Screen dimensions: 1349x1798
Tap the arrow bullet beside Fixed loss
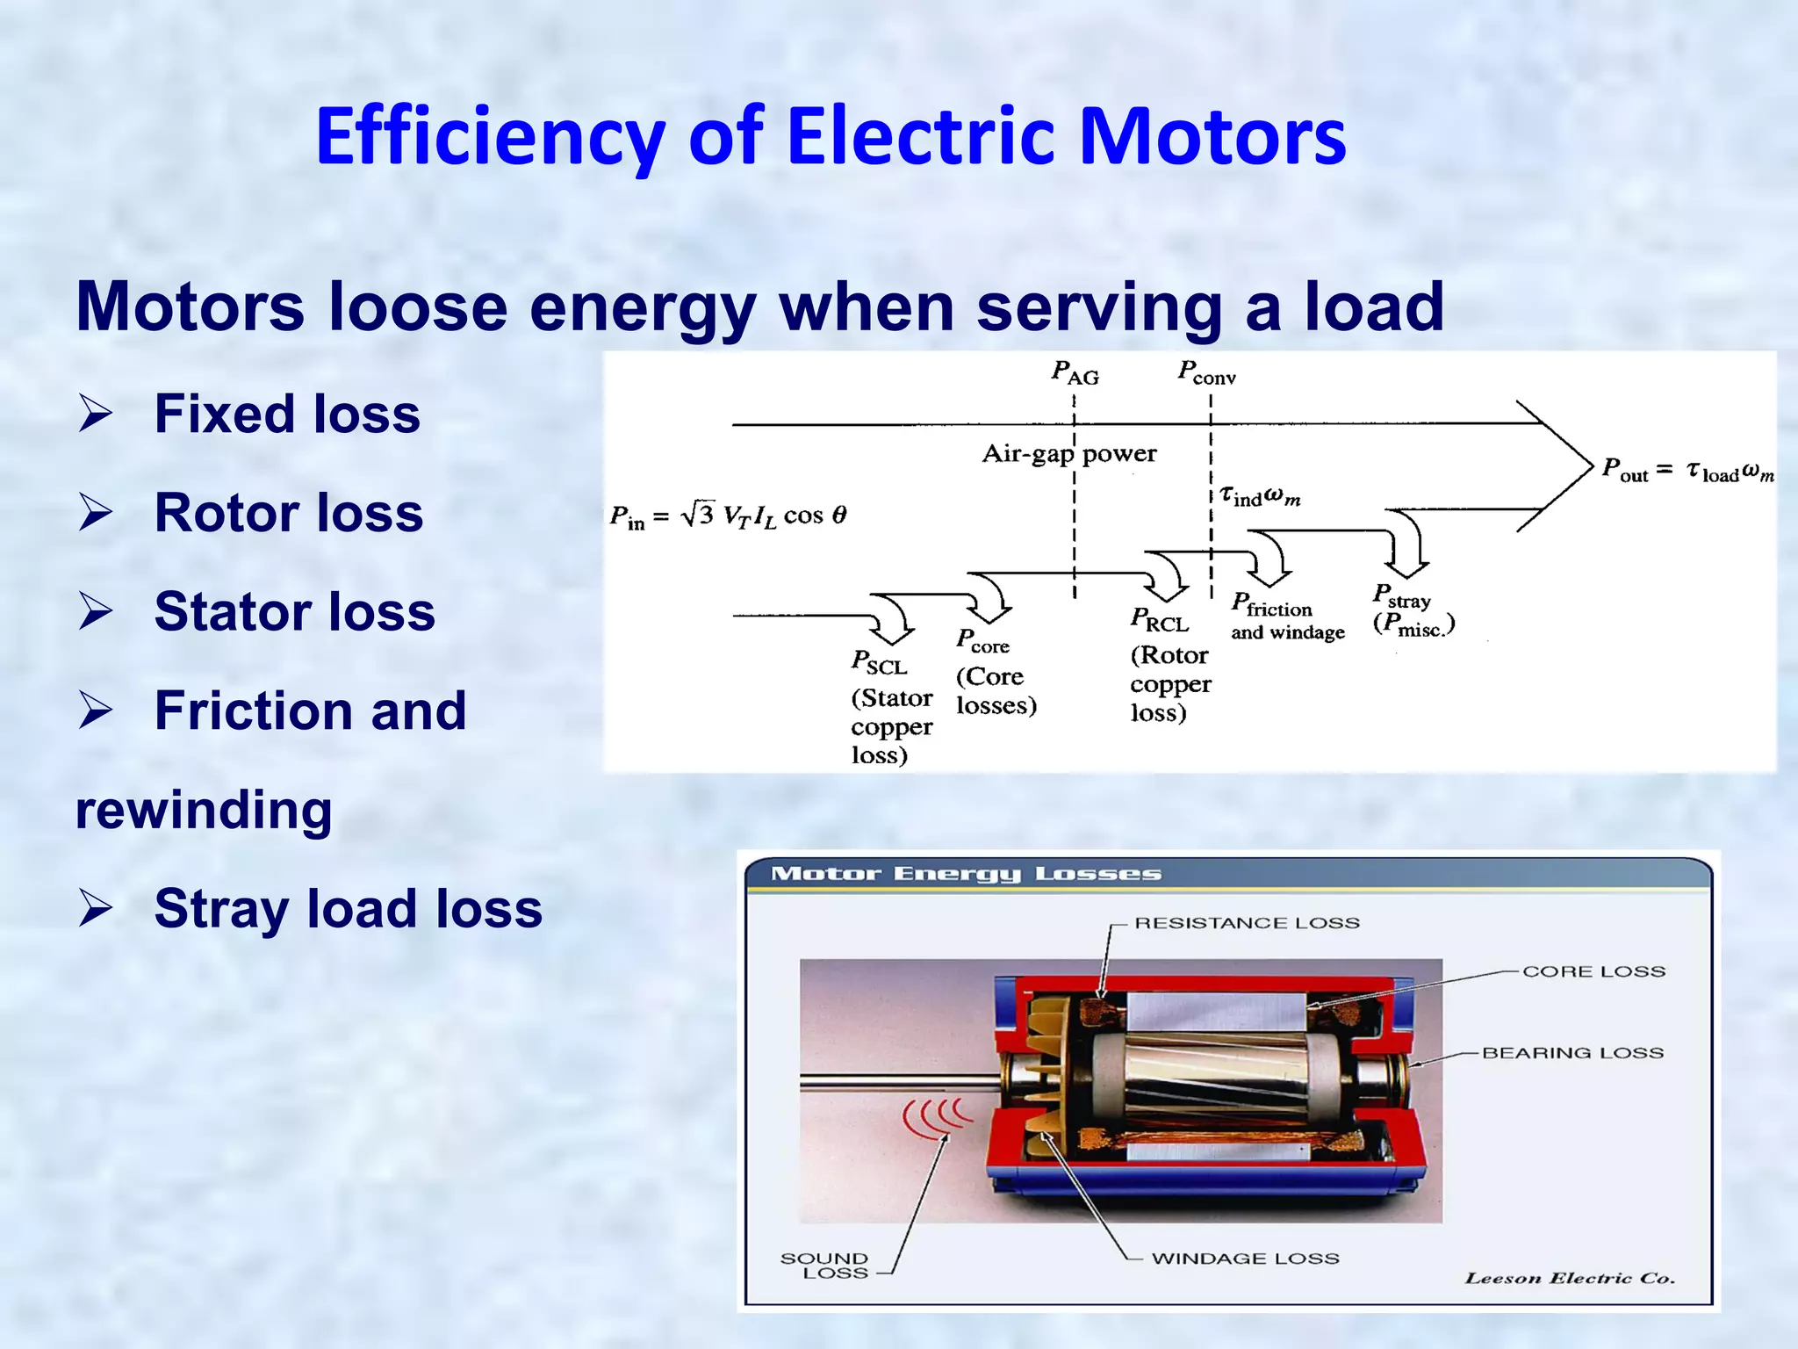click(95, 413)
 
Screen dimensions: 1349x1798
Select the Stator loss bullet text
click(294, 611)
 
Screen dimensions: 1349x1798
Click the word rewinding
click(204, 810)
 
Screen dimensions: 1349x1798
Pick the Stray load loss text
click(348, 908)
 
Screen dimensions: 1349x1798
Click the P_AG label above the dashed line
click(1075, 373)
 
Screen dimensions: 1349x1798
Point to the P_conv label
click(1206, 373)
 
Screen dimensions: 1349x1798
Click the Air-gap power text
click(1068, 454)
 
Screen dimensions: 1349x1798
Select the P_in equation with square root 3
click(728, 516)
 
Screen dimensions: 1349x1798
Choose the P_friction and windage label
click(1285, 617)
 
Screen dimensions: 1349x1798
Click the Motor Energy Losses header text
click(966, 874)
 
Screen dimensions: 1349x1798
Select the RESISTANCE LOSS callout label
click(1247, 923)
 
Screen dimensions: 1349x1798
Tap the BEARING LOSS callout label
click(1572, 1053)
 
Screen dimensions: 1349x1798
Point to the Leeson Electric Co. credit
click(1570, 1278)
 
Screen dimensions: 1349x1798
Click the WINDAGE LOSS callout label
click(1245, 1259)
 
